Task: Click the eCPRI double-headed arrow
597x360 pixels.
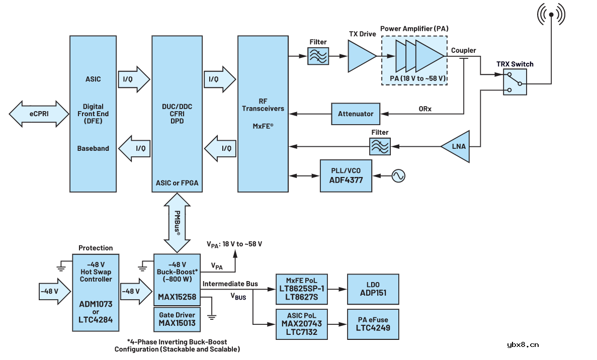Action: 39,114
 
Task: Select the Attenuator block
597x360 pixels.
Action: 356,114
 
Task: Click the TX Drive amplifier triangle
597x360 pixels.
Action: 361,56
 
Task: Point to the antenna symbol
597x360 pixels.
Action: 551,15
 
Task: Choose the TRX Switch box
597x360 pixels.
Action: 515,82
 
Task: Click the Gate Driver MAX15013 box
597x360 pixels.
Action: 177,319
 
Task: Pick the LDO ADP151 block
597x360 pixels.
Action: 373,289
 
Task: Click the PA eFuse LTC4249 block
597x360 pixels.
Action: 373,324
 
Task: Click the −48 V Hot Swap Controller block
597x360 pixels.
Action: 96,292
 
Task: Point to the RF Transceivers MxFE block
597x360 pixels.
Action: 263,114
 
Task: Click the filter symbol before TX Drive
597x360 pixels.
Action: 318,55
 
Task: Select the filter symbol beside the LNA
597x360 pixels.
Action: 380,146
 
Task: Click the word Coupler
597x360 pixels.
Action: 463,50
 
